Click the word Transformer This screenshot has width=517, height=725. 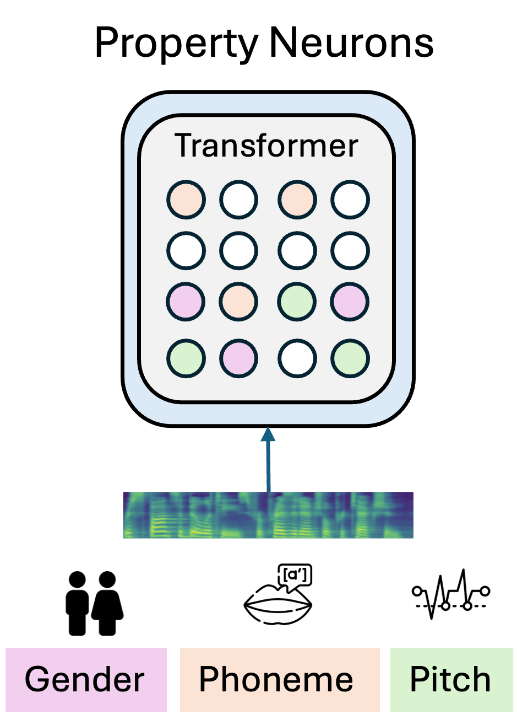pyautogui.click(x=266, y=146)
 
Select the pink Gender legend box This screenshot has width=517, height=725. pyautogui.click(x=86, y=679)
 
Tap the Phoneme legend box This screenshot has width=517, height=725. pyautogui.click(x=280, y=679)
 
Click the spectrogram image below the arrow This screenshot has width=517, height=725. pyautogui.click(x=268, y=515)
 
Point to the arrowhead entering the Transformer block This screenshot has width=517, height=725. pyautogui.click(x=268, y=434)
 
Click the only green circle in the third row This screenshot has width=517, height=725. pyautogui.click(x=297, y=302)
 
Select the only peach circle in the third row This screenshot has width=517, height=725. pyautogui.click(x=239, y=302)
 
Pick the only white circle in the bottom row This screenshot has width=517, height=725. pyautogui.click(x=297, y=358)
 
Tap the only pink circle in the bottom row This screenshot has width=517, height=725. pyautogui.click(x=239, y=358)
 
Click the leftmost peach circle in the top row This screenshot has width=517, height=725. pyautogui.click(x=186, y=199)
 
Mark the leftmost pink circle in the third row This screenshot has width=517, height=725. pyautogui.click(x=186, y=302)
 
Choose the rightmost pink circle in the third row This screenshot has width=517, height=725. pyautogui.click(x=351, y=302)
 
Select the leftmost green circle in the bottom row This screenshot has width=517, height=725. pyautogui.click(x=186, y=358)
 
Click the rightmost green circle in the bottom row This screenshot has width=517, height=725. pyautogui.click(x=351, y=358)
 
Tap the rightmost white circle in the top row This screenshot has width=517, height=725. pyautogui.click(x=351, y=199)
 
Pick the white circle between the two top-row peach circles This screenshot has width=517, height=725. pyautogui.click(x=239, y=199)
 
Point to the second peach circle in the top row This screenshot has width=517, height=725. pyautogui.click(x=297, y=199)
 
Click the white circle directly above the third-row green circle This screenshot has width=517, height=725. pyautogui.click(x=297, y=251)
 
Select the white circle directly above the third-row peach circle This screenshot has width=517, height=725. pyautogui.click(x=239, y=251)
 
